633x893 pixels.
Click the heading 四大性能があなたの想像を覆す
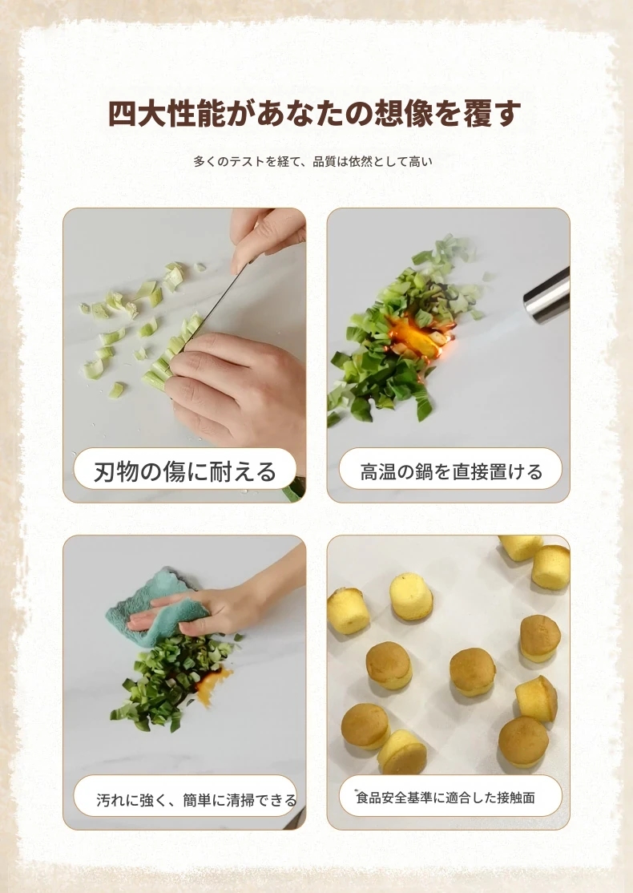coord(314,113)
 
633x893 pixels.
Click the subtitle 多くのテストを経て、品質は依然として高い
coord(313,162)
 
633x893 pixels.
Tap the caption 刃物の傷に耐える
coord(185,471)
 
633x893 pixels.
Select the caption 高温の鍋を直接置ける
coord(451,471)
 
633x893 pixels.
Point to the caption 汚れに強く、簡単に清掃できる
coord(196,800)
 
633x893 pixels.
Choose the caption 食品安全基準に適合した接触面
coord(446,798)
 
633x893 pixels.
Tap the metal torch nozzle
coord(546,295)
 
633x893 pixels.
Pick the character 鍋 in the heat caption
coord(424,471)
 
